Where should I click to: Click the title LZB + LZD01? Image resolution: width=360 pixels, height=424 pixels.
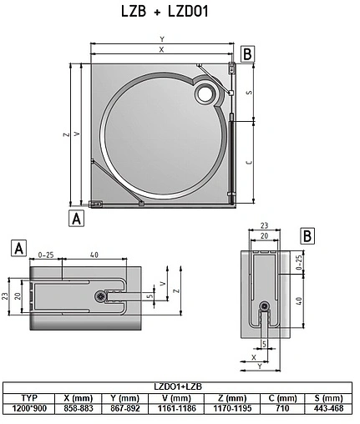(165, 12)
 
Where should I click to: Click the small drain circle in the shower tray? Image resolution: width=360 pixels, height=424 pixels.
(205, 93)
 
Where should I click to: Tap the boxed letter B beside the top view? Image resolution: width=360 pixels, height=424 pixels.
(247, 54)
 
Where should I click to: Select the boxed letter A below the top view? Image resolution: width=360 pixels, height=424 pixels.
(76, 219)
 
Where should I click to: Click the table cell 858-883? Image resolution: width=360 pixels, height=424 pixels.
(79, 408)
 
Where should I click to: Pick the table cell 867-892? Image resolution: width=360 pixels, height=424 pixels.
(125, 408)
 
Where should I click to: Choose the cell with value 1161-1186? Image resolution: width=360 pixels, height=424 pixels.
(176, 408)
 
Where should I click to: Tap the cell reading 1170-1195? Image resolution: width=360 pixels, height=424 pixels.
(232, 408)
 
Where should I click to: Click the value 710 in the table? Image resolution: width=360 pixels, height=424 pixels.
(282, 408)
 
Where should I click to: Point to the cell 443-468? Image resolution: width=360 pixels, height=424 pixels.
(328, 408)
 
